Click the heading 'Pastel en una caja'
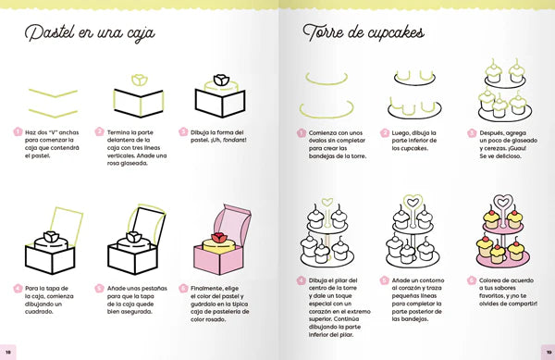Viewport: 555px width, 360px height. (89, 34)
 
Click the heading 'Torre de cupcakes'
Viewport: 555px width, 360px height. (363, 34)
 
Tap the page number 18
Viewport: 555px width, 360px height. (8, 353)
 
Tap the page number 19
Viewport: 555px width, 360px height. (546, 353)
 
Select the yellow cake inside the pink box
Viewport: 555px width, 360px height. (222, 255)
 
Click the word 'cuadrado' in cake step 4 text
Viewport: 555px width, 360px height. (43, 310)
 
